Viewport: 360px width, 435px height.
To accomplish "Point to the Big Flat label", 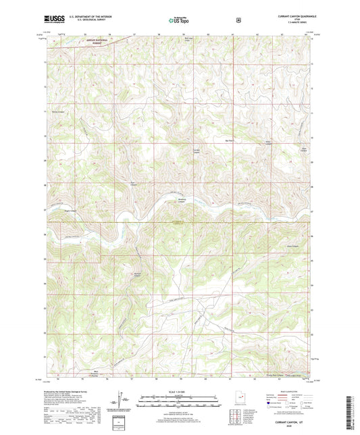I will [x=228, y=140].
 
